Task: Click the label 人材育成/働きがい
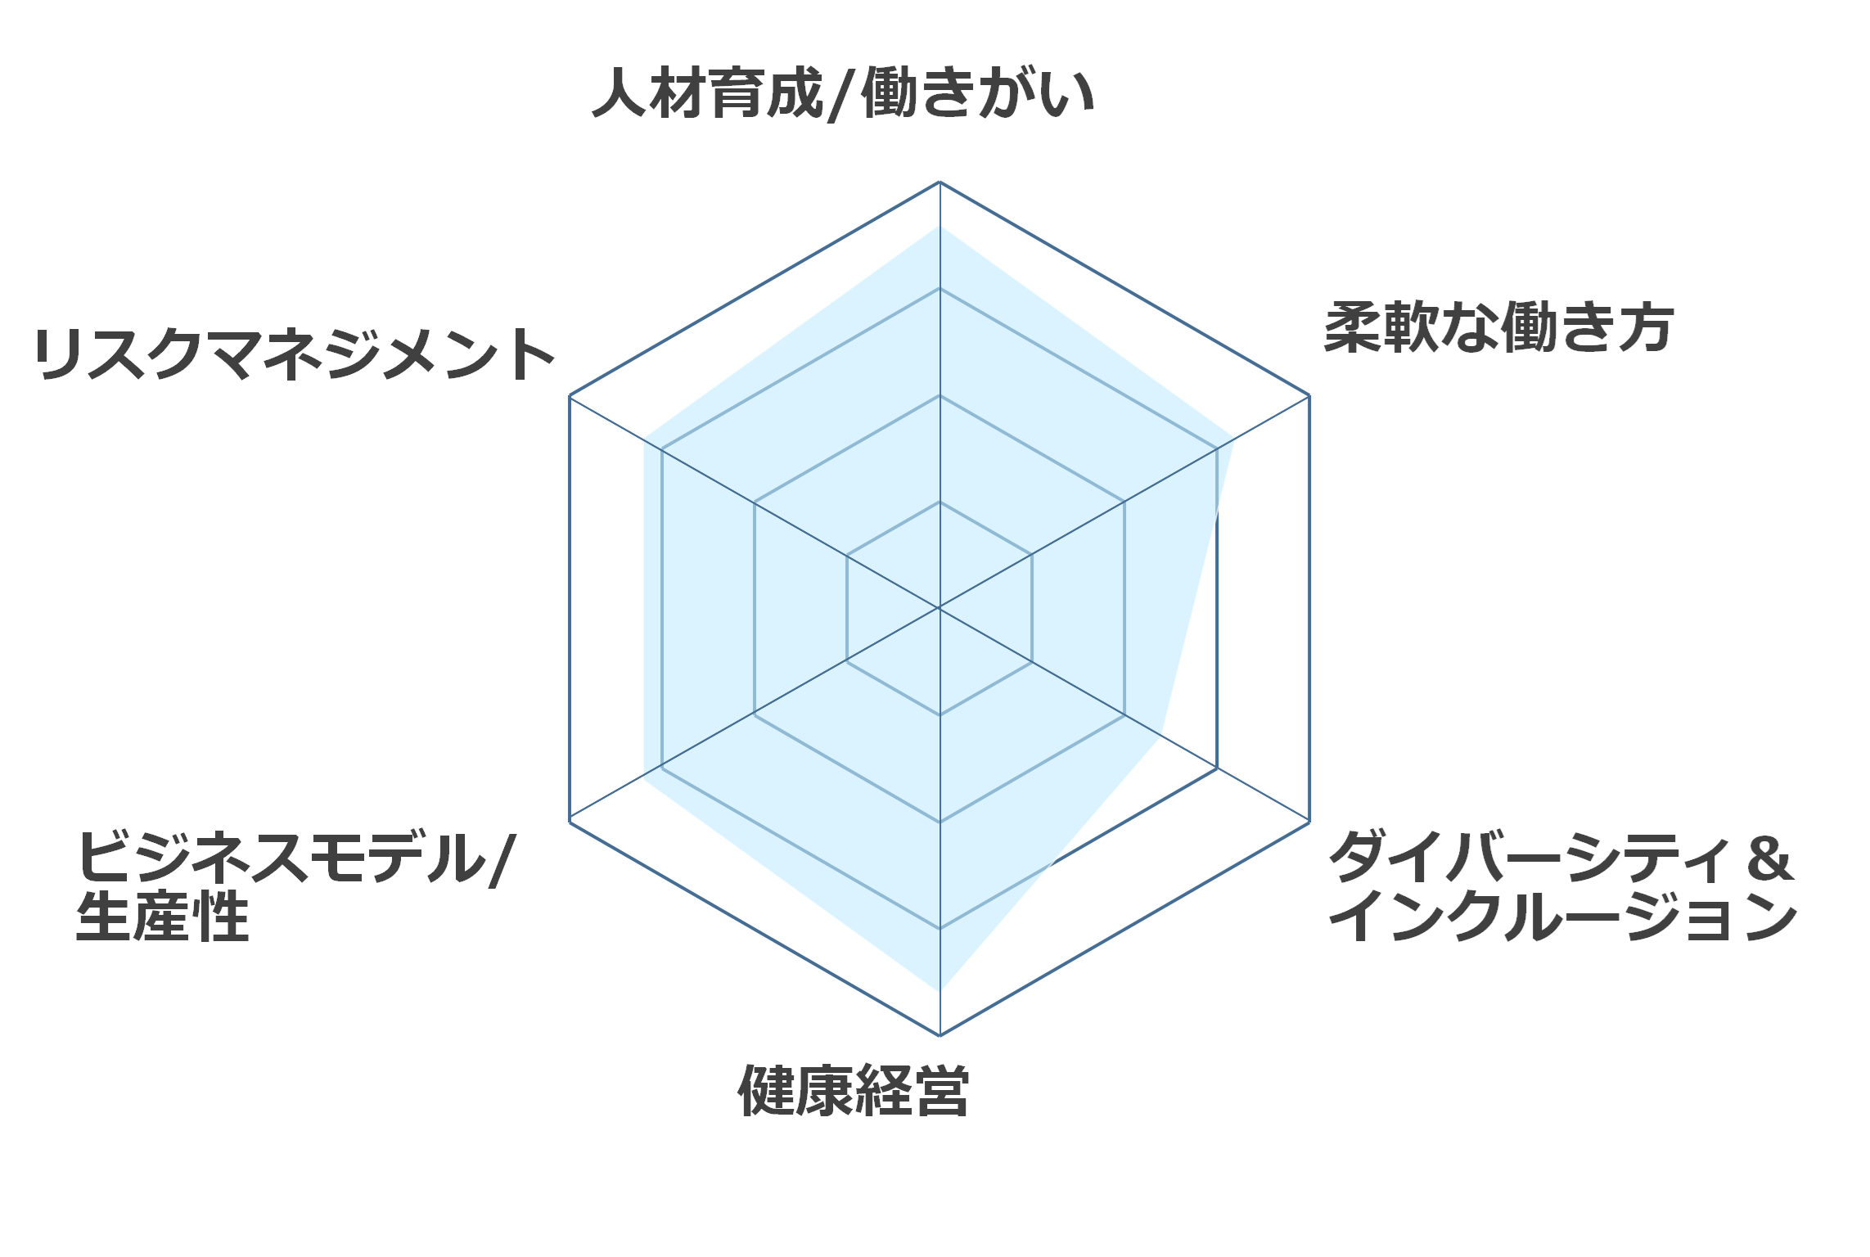pyautogui.click(x=843, y=93)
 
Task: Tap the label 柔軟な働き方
pyautogui.click(x=1498, y=327)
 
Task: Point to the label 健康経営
pyautogui.click(x=854, y=1091)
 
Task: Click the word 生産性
pyautogui.click(x=162, y=917)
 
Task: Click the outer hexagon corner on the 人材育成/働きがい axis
pyautogui.click(x=940, y=182)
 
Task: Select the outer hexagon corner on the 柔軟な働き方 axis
pyautogui.click(x=1309, y=395)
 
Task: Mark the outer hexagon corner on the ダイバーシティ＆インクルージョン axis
pyautogui.click(x=1309, y=822)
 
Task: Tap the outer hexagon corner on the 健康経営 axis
pyautogui.click(x=940, y=1035)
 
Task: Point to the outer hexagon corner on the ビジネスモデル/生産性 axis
pyautogui.click(x=570, y=822)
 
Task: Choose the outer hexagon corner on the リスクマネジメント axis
pyautogui.click(x=570, y=395)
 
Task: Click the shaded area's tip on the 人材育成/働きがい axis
pyautogui.click(x=940, y=226)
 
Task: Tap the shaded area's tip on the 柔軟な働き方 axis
pyautogui.click(x=1234, y=439)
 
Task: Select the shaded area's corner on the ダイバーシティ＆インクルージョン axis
pyautogui.click(x=1159, y=735)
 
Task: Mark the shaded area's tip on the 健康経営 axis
pyautogui.click(x=940, y=992)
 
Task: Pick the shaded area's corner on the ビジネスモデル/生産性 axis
pyautogui.click(x=644, y=778)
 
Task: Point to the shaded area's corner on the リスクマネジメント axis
pyautogui.click(x=644, y=439)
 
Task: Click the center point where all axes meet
pyautogui.click(x=940, y=608)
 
